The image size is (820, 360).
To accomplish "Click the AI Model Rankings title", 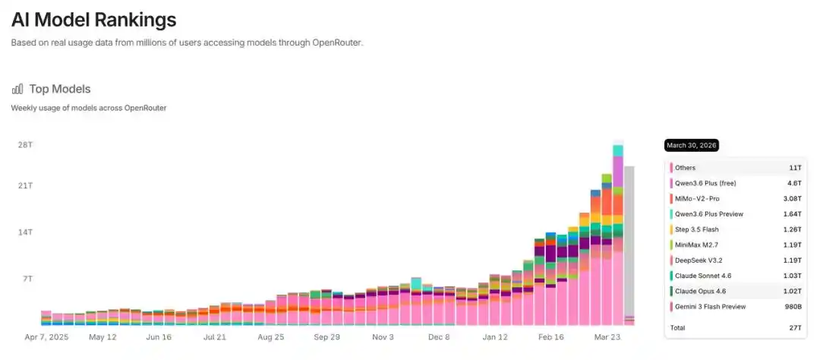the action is (x=93, y=20).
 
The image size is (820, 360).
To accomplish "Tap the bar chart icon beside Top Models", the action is (x=17, y=89).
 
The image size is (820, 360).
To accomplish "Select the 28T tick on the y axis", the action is (x=26, y=144).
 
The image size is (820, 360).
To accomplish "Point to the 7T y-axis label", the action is (x=27, y=279).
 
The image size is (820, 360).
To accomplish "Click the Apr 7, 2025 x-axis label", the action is (x=46, y=337).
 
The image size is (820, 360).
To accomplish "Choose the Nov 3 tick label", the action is (x=383, y=337).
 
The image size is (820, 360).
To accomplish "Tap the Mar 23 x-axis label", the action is (x=607, y=337).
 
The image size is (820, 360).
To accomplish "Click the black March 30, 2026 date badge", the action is (x=692, y=145).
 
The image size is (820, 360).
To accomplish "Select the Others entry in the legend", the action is (x=685, y=168).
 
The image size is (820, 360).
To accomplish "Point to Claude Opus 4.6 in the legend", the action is (x=700, y=291).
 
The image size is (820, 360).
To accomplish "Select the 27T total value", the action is (x=796, y=327).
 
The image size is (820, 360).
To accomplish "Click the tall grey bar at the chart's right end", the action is (x=629, y=242).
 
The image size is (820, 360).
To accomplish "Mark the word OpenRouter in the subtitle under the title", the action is (x=337, y=43).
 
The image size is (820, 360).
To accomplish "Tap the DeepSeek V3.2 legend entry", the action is (x=699, y=260).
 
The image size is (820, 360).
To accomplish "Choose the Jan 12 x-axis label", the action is (x=495, y=337).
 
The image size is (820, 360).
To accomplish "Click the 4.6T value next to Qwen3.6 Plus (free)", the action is (x=794, y=183).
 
